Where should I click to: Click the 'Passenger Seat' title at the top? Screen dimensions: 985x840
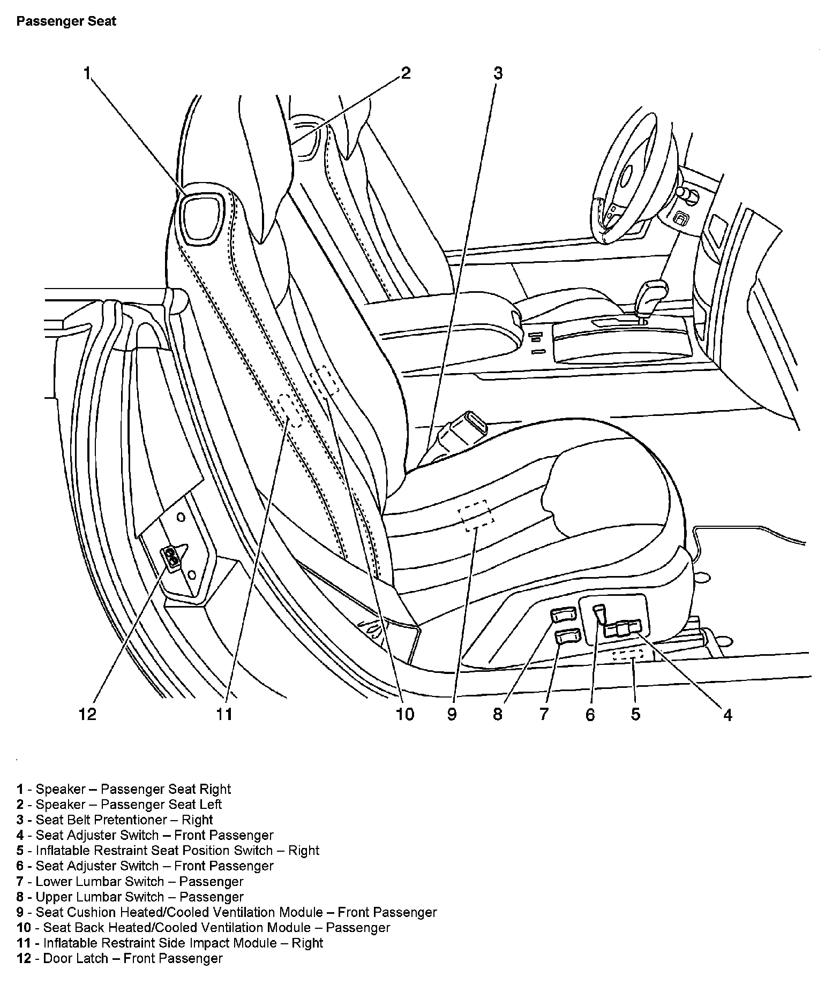(66, 22)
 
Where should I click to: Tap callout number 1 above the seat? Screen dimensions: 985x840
(87, 73)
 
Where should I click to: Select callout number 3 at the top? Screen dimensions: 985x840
(498, 73)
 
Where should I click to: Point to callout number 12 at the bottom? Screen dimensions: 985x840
(87, 714)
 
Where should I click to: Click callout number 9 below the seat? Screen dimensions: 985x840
(452, 714)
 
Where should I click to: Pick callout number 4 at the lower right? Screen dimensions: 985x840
(727, 715)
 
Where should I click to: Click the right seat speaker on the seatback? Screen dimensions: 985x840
(201, 217)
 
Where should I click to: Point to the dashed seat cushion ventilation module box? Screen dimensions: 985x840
(476, 516)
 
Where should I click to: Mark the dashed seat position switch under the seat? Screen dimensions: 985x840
(628, 654)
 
